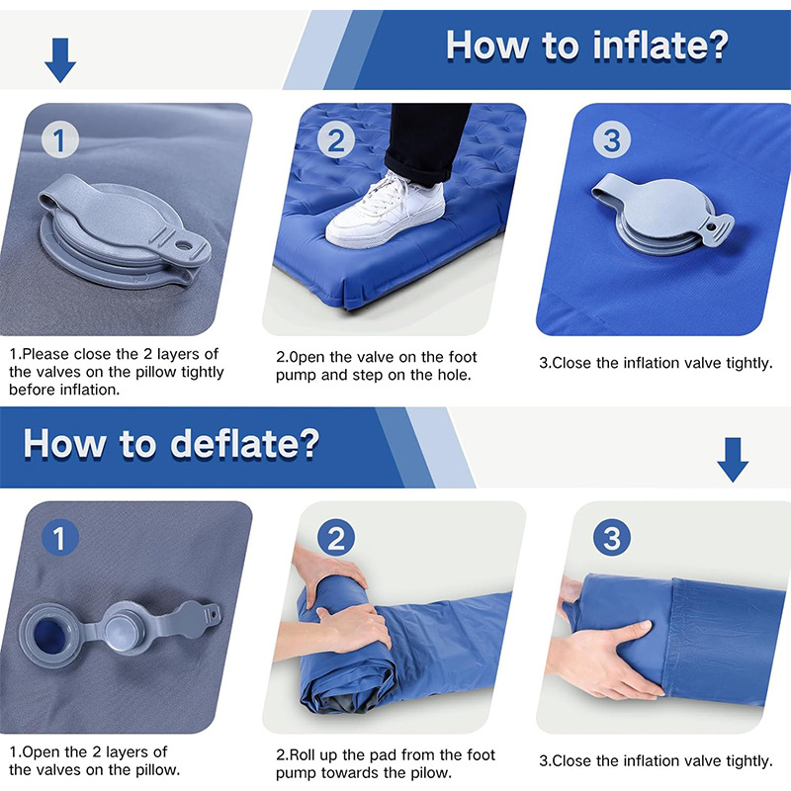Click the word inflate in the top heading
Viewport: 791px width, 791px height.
click(x=660, y=45)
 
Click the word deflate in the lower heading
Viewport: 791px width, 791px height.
click(x=244, y=444)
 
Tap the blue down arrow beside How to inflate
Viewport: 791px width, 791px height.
click(x=60, y=60)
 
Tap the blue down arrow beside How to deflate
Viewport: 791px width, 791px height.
click(x=733, y=460)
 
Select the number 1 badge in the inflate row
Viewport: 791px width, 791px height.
click(x=60, y=139)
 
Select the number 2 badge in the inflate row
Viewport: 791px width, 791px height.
click(x=336, y=139)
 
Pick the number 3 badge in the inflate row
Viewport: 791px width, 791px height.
click(x=612, y=139)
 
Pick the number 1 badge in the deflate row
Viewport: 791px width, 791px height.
click(x=60, y=538)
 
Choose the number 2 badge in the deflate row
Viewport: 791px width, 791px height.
click(x=336, y=538)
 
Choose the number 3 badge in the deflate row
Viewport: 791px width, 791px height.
click(x=612, y=538)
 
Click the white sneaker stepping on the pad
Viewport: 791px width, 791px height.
click(x=386, y=212)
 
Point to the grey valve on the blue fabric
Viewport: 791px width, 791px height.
click(x=661, y=213)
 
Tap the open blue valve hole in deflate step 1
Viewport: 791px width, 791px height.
click(x=48, y=635)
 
